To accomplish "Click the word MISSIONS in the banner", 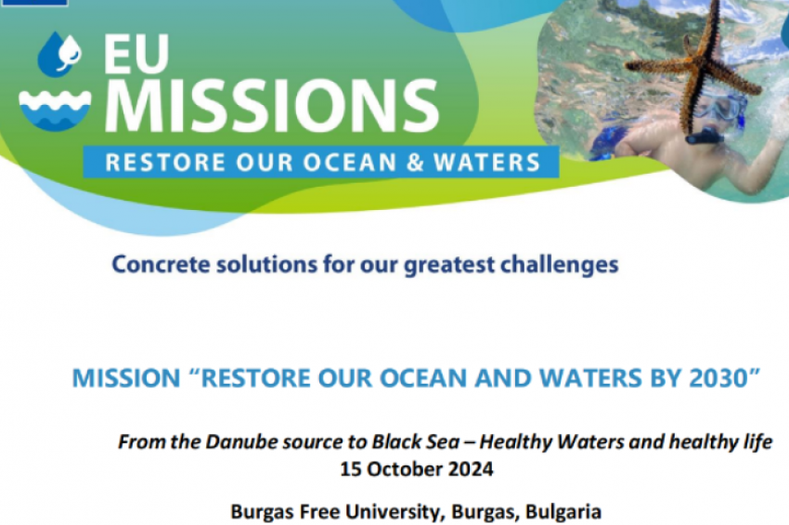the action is (272, 106).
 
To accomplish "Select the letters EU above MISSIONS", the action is (136, 54).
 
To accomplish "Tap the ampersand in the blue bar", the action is (415, 163).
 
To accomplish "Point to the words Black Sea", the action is (416, 442).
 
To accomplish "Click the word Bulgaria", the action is (563, 512).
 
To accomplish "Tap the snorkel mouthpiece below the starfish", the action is (704, 135).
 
